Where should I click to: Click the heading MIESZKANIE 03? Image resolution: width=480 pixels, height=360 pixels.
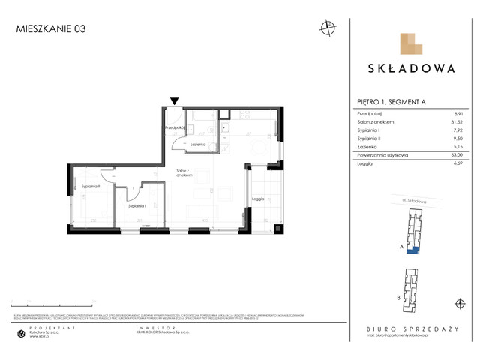coord(50,29)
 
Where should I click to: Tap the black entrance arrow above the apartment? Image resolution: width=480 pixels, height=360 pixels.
coord(175,100)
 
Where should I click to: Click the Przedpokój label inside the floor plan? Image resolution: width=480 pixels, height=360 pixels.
coord(174,128)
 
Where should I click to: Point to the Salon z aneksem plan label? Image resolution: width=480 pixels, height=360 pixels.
coord(185,172)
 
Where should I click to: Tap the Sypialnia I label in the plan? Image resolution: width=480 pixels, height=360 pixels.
coord(136,205)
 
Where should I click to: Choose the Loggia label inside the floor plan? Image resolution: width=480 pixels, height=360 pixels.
coord(258,199)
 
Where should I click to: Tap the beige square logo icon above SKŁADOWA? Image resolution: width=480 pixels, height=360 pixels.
coord(410,44)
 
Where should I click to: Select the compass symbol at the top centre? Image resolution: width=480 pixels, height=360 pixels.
coord(327,28)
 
